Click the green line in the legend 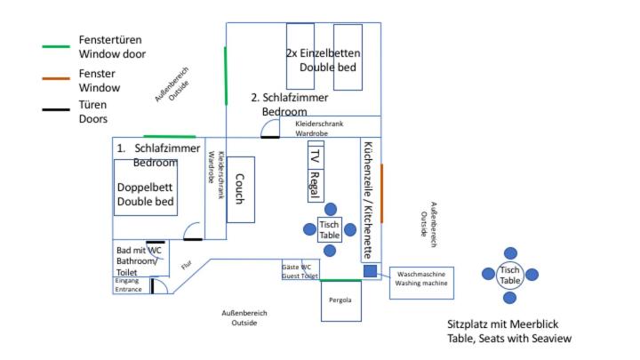(56, 46)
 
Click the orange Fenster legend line (56, 78)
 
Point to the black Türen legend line (56, 109)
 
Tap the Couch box (241, 189)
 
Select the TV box (316, 155)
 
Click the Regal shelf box (316, 185)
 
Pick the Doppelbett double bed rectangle (146, 188)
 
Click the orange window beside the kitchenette (381, 194)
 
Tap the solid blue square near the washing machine (370, 271)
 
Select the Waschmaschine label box (421, 283)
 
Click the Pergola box (341, 300)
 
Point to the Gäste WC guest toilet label (300, 271)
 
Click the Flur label (187, 265)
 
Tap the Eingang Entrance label (128, 285)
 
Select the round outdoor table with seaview (510, 276)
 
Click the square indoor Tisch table (330, 230)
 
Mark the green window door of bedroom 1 (170, 136)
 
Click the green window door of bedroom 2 (226, 76)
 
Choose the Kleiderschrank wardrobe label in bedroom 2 (319, 128)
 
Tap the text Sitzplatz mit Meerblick (503, 324)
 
